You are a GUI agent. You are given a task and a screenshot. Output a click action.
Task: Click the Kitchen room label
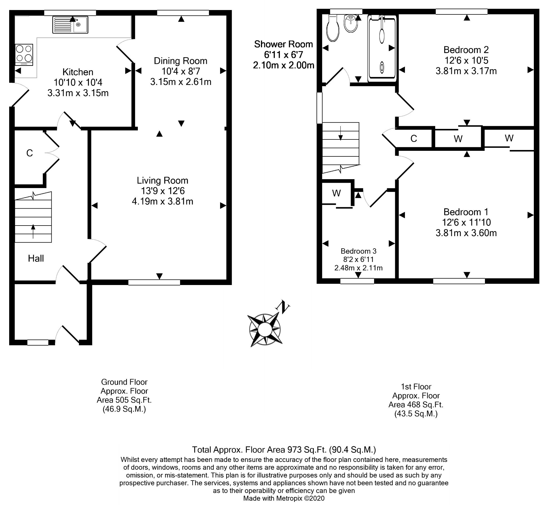[78, 72]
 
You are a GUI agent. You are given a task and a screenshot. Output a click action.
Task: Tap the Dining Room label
[180, 61]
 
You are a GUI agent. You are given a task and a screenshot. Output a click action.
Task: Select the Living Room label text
[162, 181]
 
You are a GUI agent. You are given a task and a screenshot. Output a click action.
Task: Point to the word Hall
[36, 259]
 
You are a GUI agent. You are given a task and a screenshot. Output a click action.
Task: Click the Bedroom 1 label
[466, 212]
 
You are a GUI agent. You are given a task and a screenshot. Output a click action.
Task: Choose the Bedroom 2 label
[466, 50]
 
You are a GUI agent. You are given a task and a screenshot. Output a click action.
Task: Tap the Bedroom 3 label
[358, 251]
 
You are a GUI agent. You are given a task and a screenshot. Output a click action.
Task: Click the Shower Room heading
[283, 44]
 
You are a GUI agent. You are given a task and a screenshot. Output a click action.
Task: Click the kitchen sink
[70, 25]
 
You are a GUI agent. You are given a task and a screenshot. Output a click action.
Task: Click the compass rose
[264, 329]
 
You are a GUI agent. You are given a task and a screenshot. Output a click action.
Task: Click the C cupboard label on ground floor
[29, 153]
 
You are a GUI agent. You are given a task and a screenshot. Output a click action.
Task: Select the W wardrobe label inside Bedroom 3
[337, 193]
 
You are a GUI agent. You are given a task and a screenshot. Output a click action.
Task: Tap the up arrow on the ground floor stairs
[33, 231]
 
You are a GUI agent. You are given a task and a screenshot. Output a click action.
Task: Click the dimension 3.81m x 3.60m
[466, 233]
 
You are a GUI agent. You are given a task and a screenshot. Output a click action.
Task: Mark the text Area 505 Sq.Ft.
[124, 400]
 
